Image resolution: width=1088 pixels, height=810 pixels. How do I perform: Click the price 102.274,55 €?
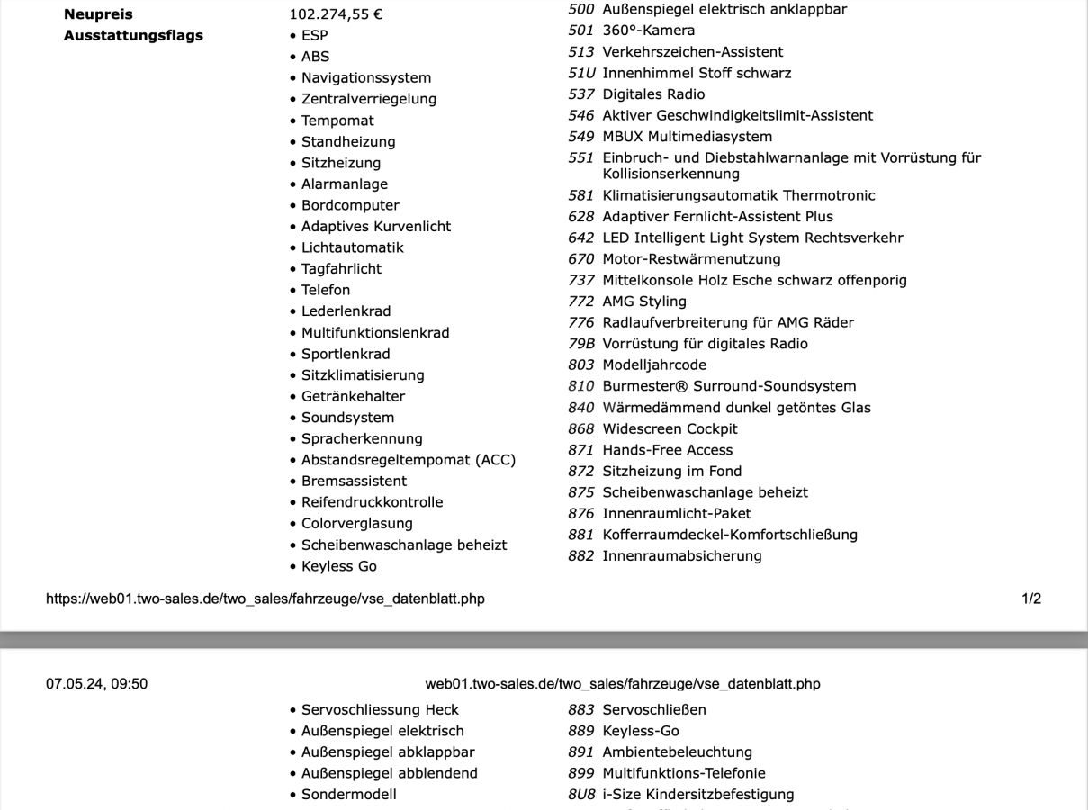[336, 14]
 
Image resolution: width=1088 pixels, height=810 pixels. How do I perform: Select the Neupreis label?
[98, 14]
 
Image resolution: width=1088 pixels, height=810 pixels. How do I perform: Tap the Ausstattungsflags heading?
[133, 36]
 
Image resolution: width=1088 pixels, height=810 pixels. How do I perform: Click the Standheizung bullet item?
[348, 142]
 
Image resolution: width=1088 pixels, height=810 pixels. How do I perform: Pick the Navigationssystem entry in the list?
[366, 78]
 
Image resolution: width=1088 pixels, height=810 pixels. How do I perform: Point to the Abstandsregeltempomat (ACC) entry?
[409, 460]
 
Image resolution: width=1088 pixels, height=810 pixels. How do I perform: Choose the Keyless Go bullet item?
[339, 566]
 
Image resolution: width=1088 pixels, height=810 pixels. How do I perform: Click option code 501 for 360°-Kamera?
[581, 31]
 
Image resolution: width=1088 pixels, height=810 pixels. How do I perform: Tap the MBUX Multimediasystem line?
[687, 137]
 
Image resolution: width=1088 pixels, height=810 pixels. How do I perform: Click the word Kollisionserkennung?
[670, 174]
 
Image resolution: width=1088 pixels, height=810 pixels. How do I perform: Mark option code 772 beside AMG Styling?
[581, 301]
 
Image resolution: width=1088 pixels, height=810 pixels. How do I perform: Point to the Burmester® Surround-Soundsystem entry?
[729, 386]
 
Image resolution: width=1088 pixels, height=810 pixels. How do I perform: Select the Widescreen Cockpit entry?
[670, 428]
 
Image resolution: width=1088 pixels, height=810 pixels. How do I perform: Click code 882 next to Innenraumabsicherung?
[581, 556]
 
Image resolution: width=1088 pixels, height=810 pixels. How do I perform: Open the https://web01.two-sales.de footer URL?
[265, 598]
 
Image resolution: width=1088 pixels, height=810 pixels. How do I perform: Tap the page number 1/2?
[1031, 598]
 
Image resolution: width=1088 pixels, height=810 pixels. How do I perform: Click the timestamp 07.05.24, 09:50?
[97, 684]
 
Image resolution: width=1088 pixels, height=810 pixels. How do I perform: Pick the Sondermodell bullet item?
[348, 795]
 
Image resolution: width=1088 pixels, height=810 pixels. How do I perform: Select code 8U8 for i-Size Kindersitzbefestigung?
[581, 795]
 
